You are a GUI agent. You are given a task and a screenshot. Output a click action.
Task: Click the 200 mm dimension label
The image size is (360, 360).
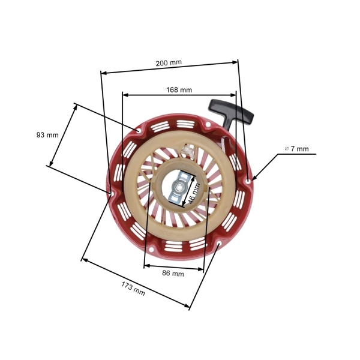click(x=169, y=63)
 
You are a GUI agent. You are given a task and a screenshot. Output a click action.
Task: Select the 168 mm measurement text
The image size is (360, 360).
click(x=179, y=90)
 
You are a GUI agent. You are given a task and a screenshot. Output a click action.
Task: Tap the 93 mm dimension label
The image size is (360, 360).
click(x=47, y=135)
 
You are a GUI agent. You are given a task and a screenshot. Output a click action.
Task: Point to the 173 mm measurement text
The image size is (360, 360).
click(x=133, y=288)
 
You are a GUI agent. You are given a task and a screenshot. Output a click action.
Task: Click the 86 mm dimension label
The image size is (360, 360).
click(x=173, y=274)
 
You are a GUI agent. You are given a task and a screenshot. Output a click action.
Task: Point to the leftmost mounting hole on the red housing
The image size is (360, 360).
click(x=112, y=193)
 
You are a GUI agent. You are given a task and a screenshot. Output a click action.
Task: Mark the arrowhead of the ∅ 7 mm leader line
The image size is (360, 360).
click(x=254, y=178)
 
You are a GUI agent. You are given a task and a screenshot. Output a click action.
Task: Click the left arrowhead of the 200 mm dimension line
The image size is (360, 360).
click(x=103, y=73)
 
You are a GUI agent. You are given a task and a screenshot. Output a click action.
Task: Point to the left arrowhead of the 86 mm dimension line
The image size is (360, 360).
click(x=146, y=266)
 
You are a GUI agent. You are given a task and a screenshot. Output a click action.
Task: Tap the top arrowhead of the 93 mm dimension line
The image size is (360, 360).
click(x=76, y=106)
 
